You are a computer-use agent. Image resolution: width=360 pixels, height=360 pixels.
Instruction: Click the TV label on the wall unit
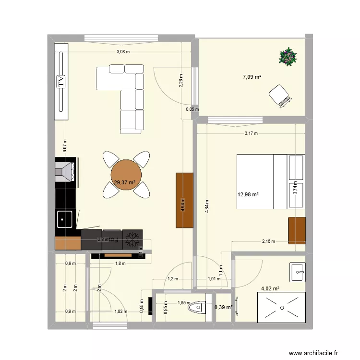[61, 82]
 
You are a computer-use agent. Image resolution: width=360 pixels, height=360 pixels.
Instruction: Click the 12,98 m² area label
[248, 194]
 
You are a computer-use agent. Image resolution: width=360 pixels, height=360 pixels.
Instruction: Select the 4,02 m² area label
[270, 289]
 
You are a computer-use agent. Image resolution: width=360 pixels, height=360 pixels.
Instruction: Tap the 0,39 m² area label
[223, 308]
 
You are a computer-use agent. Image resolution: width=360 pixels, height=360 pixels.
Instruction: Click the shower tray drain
[282, 308]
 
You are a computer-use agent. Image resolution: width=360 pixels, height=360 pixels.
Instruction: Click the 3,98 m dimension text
[123, 52]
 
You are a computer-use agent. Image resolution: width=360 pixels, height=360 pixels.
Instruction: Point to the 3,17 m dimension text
[251, 133]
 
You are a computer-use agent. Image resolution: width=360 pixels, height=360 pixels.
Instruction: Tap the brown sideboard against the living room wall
[184, 200]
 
